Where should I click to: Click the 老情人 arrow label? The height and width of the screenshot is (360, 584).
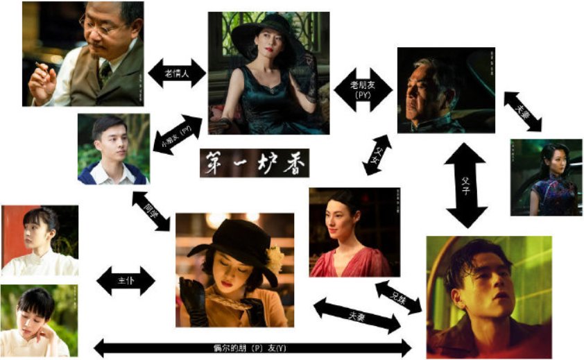click(x=178, y=73)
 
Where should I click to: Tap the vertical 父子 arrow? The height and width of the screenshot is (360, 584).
click(x=467, y=184)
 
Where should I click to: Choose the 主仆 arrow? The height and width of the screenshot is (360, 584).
click(x=126, y=281)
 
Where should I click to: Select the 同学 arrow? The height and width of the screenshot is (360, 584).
click(x=151, y=211)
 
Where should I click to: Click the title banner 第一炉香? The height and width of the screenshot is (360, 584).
click(x=255, y=163)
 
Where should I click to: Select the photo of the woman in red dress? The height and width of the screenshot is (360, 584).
click(x=354, y=232)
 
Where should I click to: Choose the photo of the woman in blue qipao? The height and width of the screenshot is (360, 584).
click(x=545, y=177)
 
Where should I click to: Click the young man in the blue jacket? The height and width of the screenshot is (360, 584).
click(x=112, y=149)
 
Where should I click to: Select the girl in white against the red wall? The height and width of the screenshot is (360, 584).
click(x=39, y=240)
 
